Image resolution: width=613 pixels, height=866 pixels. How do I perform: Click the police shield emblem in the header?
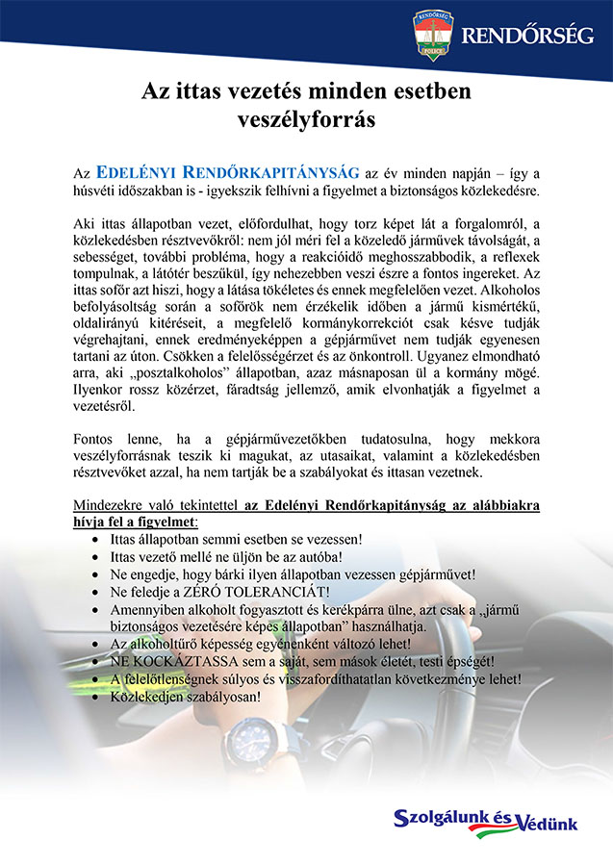(432, 36)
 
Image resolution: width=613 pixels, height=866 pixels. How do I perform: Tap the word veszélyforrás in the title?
(306, 120)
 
